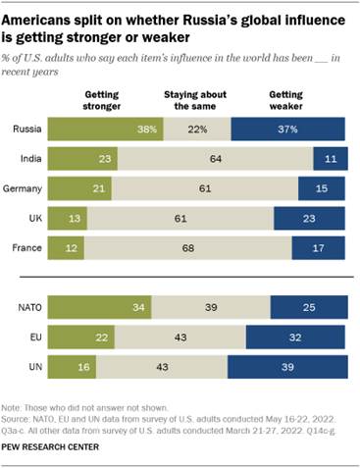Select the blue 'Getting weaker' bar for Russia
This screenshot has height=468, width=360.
coord(288,130)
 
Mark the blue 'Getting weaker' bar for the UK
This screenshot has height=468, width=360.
coord(310,213)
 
